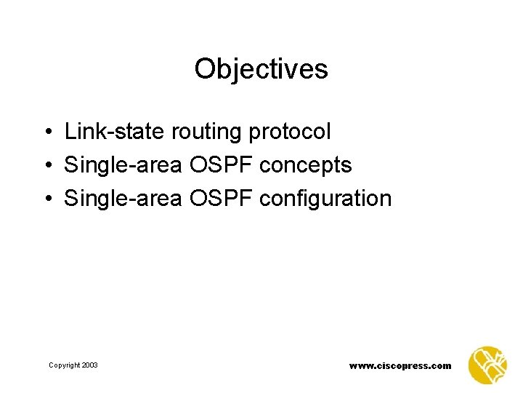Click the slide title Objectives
coord(261,70)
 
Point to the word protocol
coord(289,132)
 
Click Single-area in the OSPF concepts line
coord(123,165)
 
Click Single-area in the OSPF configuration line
coord(123,198)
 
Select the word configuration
coord(325,199)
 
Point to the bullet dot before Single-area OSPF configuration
coord(46,199)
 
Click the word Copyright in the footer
coord(65,365)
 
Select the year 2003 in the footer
coord(90,365)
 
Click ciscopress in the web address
coord(404,366)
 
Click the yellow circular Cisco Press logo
coord(488,365)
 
